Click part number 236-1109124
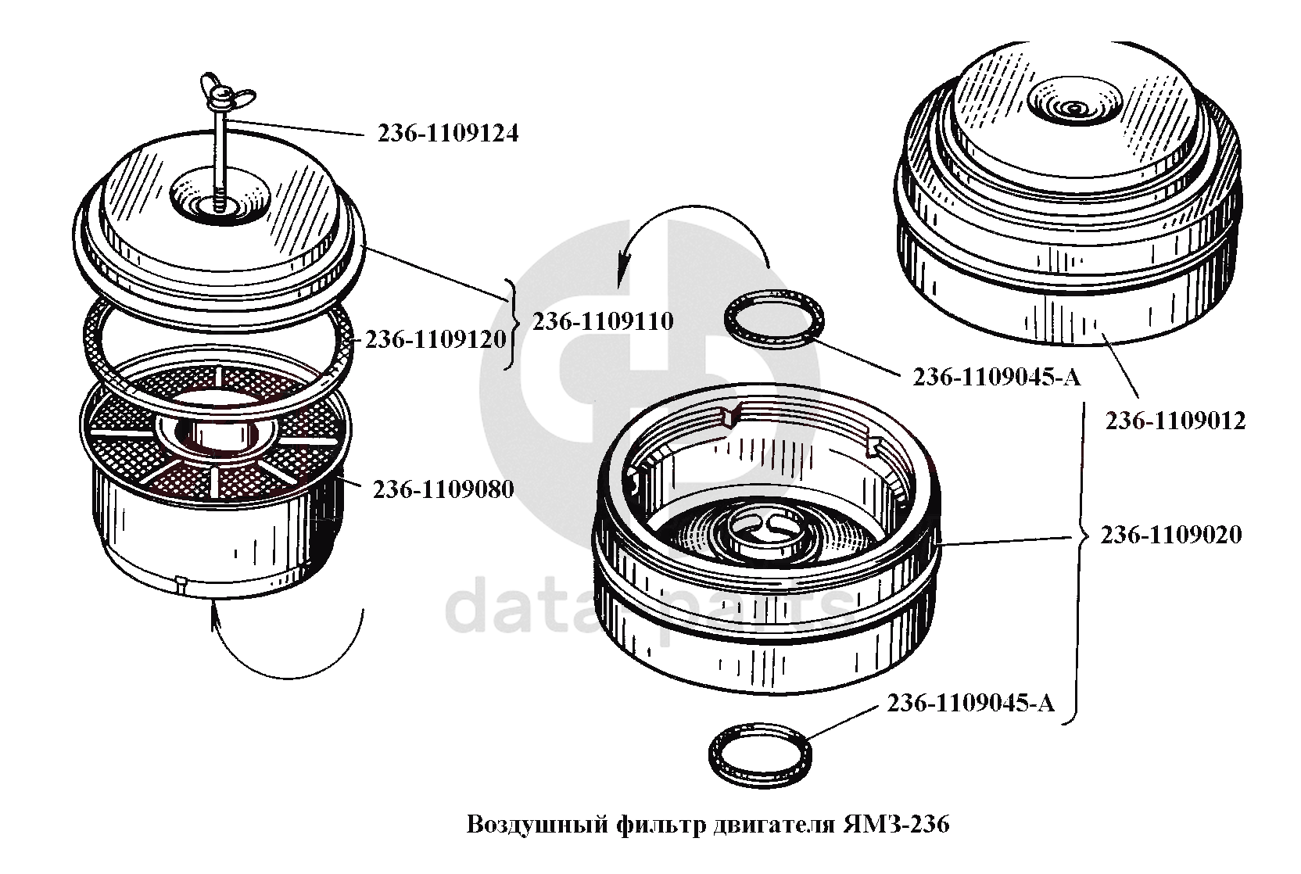448,134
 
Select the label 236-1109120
435,340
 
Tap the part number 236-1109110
603,321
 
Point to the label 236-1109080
443,489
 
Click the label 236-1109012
1176,421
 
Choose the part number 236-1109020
1171,535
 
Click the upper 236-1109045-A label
997,378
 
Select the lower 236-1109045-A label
970,704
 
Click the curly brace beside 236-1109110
510,324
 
